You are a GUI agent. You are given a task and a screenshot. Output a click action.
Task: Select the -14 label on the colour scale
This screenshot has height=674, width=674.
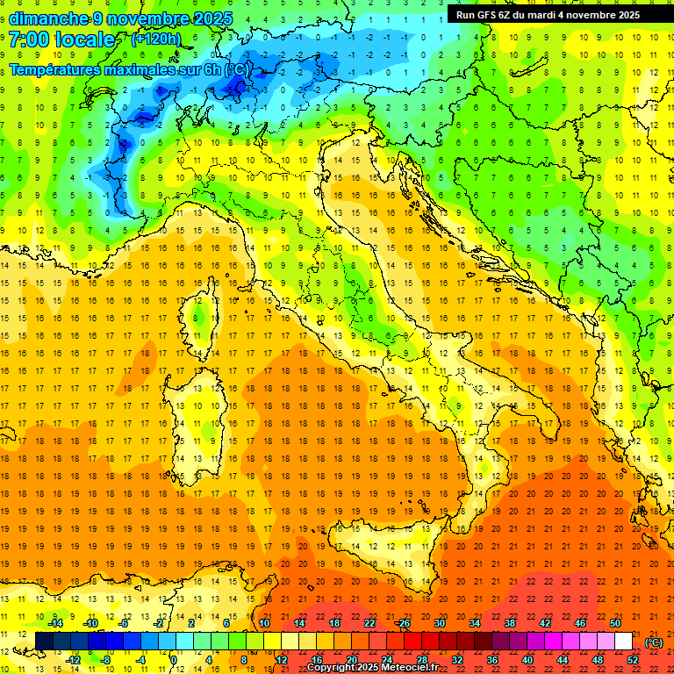(x=54, y=623)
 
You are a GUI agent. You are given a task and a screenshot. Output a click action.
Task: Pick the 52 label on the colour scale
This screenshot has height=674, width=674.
(x=633, y=659)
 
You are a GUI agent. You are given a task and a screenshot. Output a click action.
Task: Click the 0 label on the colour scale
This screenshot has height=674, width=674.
(x=173, y=659)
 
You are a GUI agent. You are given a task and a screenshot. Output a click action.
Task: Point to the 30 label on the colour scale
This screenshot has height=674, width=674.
(x=439, y=623)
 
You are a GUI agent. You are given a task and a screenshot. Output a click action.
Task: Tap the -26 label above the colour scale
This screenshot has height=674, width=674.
(x=403, y=623)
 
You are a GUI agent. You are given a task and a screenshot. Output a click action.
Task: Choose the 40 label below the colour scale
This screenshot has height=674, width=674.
(x=527, y=659)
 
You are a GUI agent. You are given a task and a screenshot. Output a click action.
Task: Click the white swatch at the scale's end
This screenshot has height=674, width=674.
(x=624, y=642)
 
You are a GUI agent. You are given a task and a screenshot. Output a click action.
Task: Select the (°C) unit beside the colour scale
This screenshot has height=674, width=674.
(x=654, y=642)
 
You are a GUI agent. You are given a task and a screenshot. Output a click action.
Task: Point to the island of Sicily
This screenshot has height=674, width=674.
(x=386, y=549)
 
